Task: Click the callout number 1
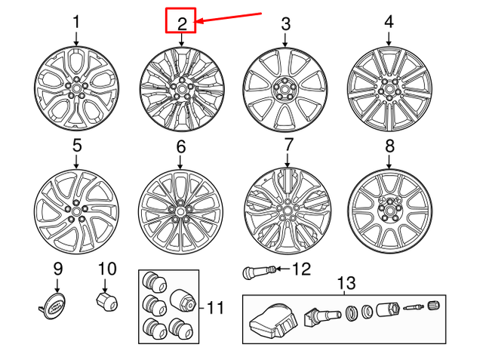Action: click(x=76, y=23)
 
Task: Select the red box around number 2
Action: click(x=181, y=20)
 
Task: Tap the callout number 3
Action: click(x=285, y=23)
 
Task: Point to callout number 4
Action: click(x=389, y=23)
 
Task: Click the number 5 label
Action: click(x=76, y=144)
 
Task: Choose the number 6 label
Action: click(x=180, y=146)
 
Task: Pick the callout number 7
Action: click(x=288, y=144)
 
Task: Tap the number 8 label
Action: click(x=389, y=146)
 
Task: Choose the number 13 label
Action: click(x=345, y=283)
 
